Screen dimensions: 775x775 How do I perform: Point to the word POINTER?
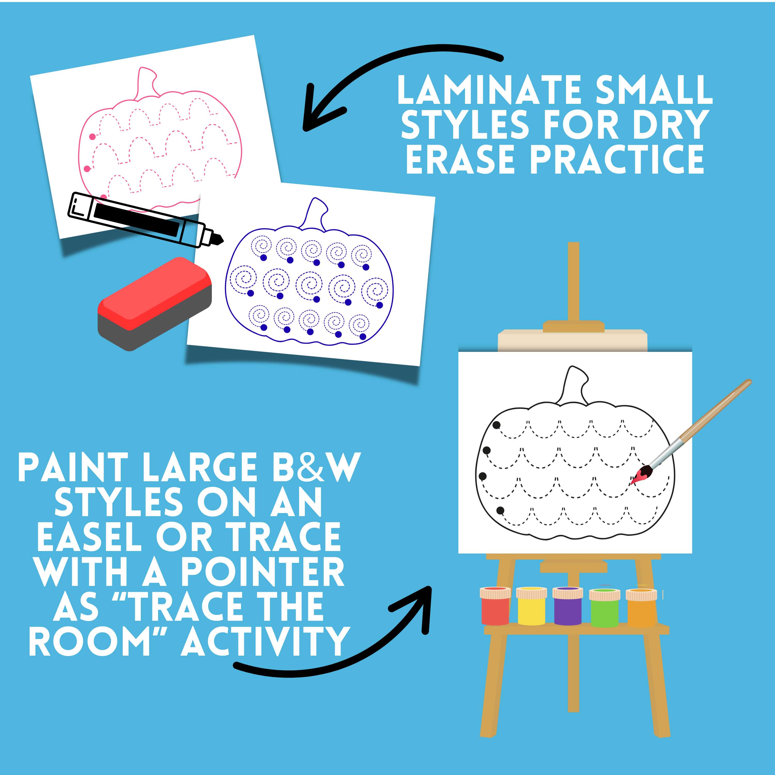tap(262, 572)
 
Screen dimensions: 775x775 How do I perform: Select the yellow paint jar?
tap(531, 607)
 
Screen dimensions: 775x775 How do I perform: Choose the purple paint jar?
tap(568, 607)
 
